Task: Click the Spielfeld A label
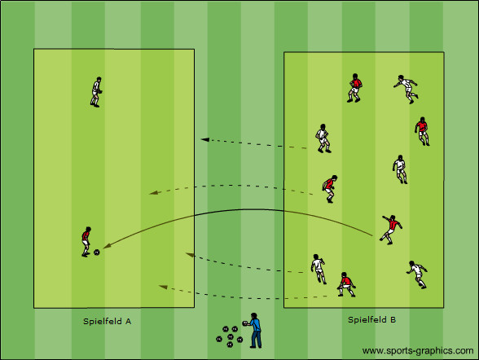[x=108, y=321]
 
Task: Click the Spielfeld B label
[x=371, y=320]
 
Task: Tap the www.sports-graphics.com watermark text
[x=418, y=351]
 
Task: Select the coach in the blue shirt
[x=254, y=331]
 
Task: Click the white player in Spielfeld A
[x=96, y=92]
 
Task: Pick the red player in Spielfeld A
[x=86, y=242]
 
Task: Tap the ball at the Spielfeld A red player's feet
[x=96, y=252]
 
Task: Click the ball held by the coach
[x=245, y=323]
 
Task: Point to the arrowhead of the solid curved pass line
[x=107, y=245]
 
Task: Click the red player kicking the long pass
[x=391, y=230]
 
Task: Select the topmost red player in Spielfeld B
[x=354, y=88]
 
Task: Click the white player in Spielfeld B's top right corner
[x=406, y=89]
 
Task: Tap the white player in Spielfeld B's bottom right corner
[x=417, y=274]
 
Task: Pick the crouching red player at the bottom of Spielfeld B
[x=346, y=284]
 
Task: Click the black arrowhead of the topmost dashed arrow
[x=204, y=139]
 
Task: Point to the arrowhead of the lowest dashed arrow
[x=163, y=287]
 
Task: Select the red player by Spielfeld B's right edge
[x=422, y=131]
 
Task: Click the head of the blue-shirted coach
[x=254, y=316]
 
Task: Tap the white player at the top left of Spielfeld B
[x=323, y=138]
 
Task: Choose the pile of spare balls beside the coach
[x=230, y=337]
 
